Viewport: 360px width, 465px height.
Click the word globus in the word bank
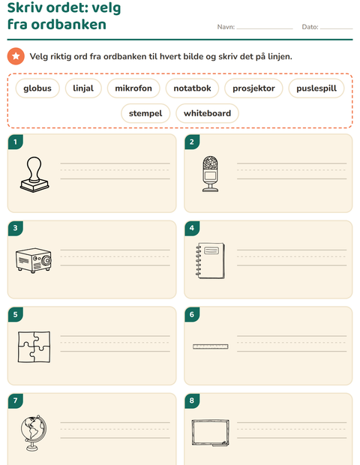coord(37,88)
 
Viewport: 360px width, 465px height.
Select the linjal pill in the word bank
coord(83,88)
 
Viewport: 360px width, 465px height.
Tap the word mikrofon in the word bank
coord(133,88)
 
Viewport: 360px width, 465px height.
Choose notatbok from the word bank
coord(192,88)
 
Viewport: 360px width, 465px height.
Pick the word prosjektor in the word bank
coord(253,88)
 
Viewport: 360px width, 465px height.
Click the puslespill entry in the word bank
coord(316,88)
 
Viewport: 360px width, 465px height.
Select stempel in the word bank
coord(145,113)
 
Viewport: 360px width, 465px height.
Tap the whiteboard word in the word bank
coord(207,113)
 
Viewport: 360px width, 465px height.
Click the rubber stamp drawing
coord(34,175)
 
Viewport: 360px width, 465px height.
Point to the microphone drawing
coord(210,174)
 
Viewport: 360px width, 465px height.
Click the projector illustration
coord(34,260)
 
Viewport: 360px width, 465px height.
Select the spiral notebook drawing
coord(210,261)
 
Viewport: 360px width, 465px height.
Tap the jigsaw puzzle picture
coord(34,346)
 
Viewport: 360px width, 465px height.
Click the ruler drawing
coord(211,346)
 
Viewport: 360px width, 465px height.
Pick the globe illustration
coord(34,433)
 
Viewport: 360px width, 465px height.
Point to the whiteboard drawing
coord(210,433)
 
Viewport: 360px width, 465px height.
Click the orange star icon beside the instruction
coord(16,56)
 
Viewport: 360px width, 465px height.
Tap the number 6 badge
coord(192,314)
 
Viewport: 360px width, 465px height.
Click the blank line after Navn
coord(265,28)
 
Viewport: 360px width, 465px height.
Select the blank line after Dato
coord(336,28)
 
